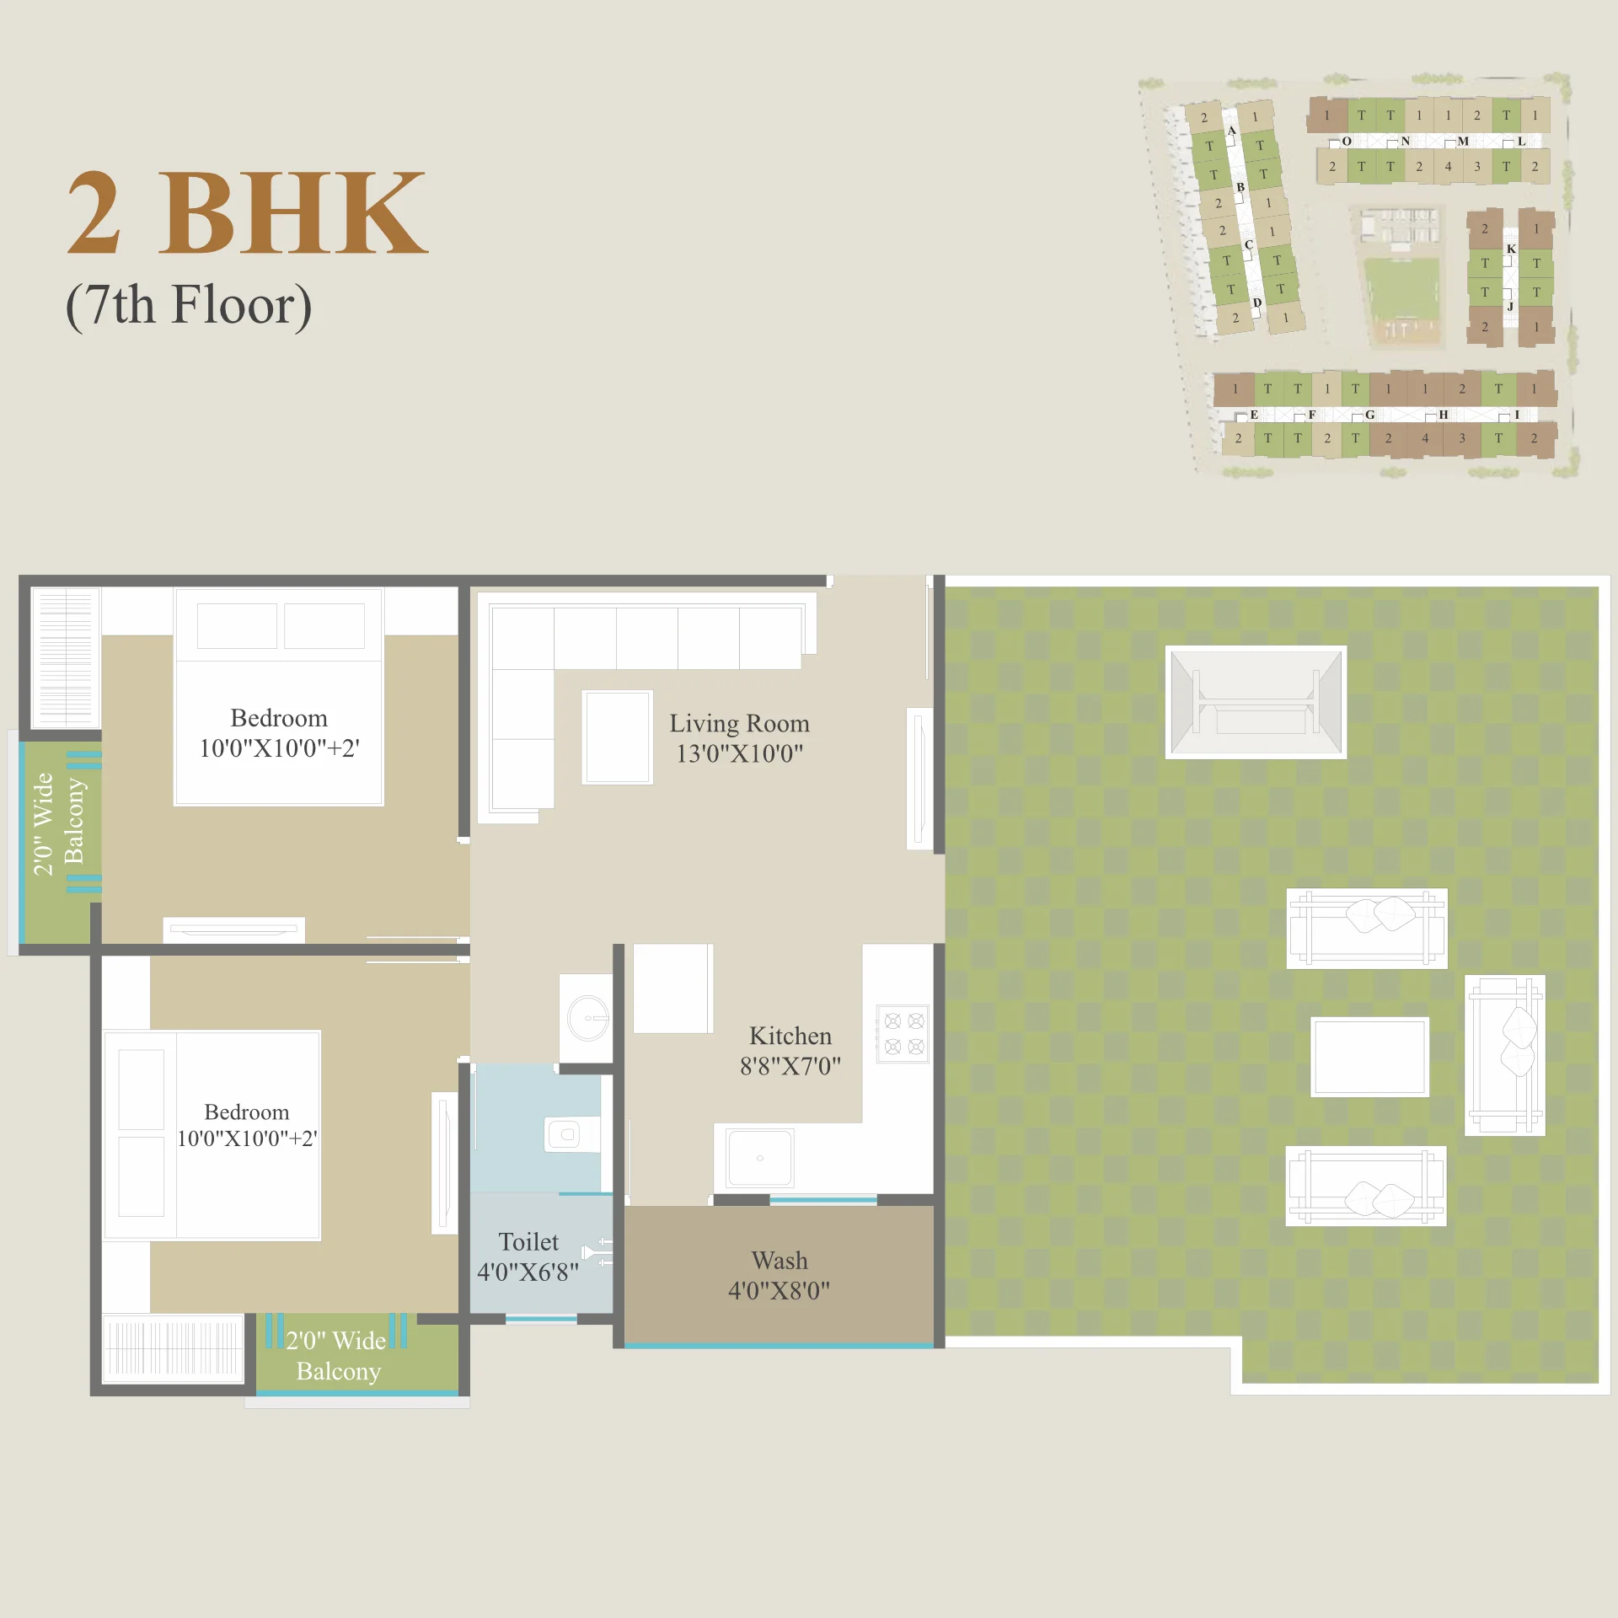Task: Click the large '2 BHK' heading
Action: (x=247, y=212)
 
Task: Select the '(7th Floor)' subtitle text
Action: (x=189, y=305)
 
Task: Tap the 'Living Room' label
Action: (x=739, y=723)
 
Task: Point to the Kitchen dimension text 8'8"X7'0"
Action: (x=790, y=1066)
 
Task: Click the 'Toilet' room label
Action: (x=528, y=1241)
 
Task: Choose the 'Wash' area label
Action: (x=780, y=1260)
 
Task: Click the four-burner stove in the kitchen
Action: (x=903, y=1033)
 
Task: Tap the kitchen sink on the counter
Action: (x=760, y=1158)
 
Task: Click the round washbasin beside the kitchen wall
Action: (x=587, y=1018)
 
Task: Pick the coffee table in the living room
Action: (x=617, y=737)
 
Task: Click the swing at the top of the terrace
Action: (x=1256, y=702)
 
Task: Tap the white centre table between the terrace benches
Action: (x=1369, y=1056)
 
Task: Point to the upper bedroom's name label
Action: (x=279, y=718)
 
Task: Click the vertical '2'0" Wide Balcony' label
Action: (x=58, y=822)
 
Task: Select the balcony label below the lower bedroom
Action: (x=337, y=1355)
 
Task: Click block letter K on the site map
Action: (x=1511, y=249)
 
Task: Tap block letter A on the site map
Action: (x=1231, y=131)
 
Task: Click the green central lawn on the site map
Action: (x=1401, y=289)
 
